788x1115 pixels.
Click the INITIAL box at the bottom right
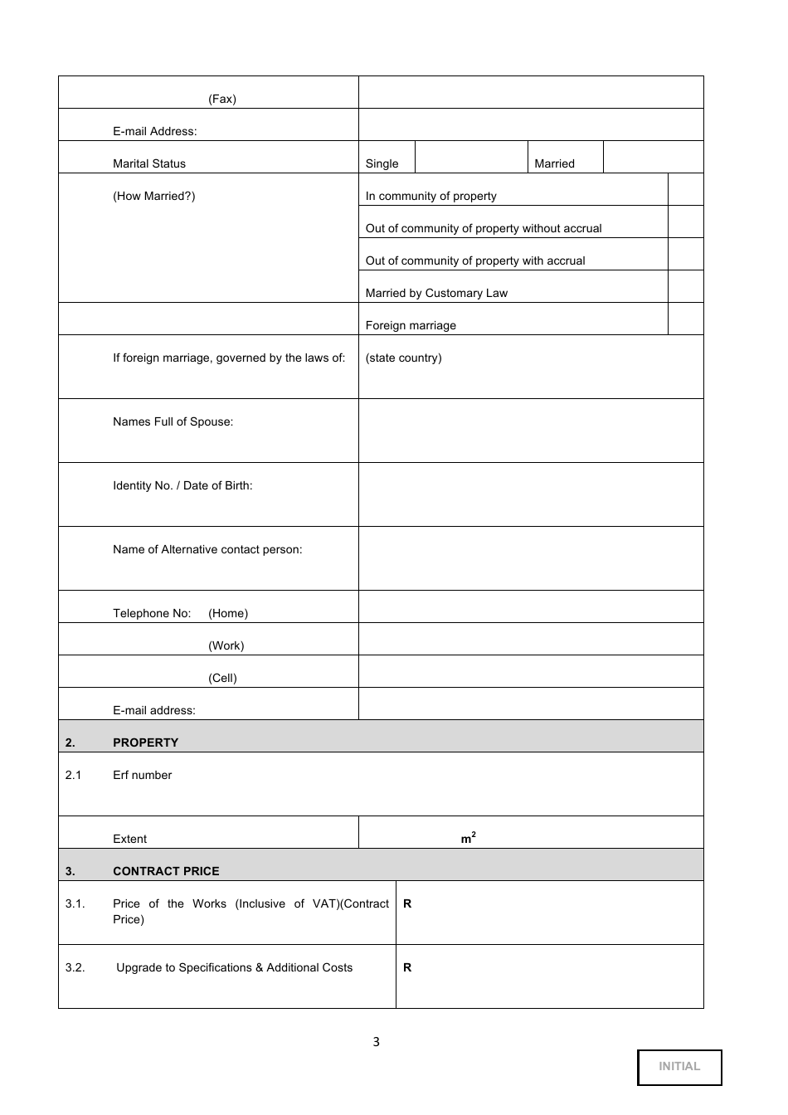pyautogui.click(x=679, y=1067)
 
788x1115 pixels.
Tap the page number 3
pyautogui.click(x=376, y=1042)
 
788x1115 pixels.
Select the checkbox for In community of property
pyautogui.click(x=685, y=190)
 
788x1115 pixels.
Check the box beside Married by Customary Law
pyautogui.click(x=685, y=287)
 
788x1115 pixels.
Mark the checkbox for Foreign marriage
pyautogui.click(x=685, y=319)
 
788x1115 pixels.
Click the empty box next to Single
pyautogui.click(x=471, y=158)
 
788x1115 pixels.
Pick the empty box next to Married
pyautogui.click(x=653, y=158)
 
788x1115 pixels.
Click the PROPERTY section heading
pyautogui.click(x=145, y=743)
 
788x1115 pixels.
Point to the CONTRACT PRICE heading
pyautogui.click(x=166, y=871)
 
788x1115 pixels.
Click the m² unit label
pyautogui.click(x=468, y=839)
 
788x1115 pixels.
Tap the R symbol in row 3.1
pyautogui.click(x=407, y=904)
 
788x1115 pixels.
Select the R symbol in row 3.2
pyautogui.click(x=407, y=968)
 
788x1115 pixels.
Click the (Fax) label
pyautogui.click(x=222, y=100)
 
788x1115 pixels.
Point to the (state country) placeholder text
pyautogui.click(x=403, y=358)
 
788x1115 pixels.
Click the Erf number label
pyautogui.click(x=142, y=775)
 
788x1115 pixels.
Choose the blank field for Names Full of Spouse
pyautogui.click(x=531, y=431)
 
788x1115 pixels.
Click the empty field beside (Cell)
pyautogui.click(x=531, y=672)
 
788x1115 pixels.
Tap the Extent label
pyautogui.click(x=129, y=839)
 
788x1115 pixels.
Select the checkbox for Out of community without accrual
pyautogui.click(x=685, y=222)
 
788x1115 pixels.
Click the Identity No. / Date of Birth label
pyautogui.click(x=182, y=486)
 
